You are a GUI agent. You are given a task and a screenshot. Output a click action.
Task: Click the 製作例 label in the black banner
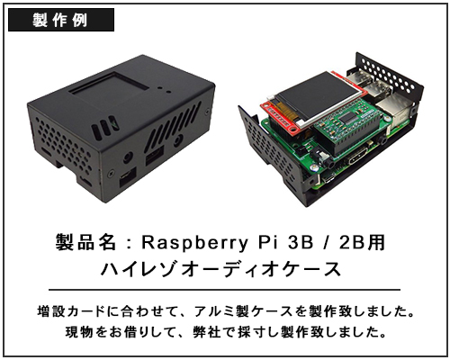point(60,20)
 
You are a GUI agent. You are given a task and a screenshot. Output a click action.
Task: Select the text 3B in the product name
point(301,242)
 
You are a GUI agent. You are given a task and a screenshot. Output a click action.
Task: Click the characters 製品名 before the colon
point(85,242)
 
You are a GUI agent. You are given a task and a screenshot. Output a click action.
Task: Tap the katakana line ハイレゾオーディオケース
point(221,269)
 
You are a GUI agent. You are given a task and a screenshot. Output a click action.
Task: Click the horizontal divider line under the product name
point(224,290)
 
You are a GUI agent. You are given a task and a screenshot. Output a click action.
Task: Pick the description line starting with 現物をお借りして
point(226,332)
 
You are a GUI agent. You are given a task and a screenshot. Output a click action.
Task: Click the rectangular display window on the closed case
point(110,83)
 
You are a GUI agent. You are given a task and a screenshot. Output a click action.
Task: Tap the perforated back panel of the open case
point(390,74)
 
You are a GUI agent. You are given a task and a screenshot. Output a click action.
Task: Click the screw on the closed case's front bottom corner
point(111,173)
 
